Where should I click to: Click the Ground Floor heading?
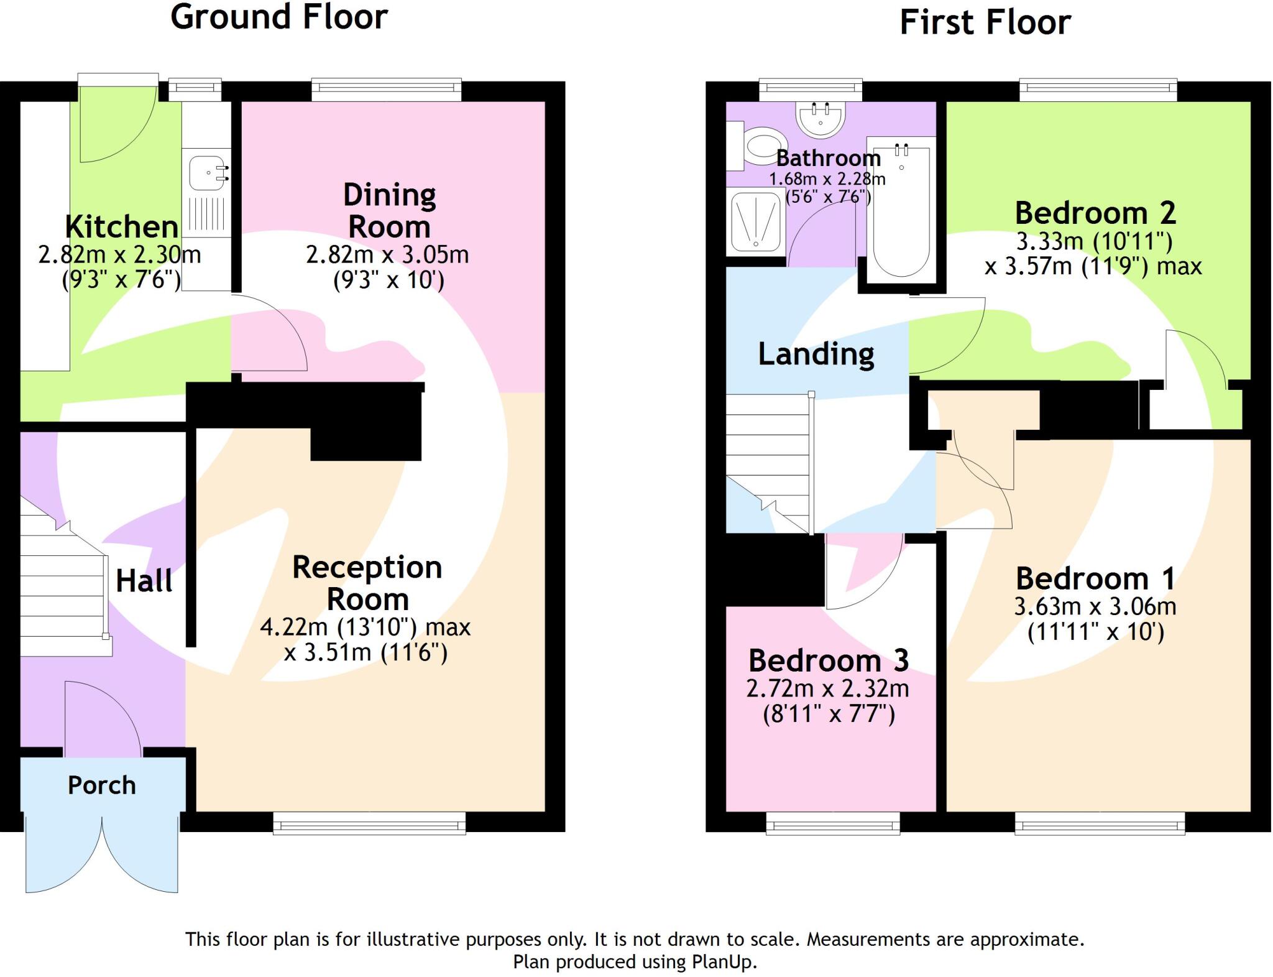tap(279, 17)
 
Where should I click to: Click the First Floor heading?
tap(985, 22)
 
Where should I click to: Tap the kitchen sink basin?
tap(207, 172)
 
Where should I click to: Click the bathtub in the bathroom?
tap(901, 211)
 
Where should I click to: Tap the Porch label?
tap(101, 785)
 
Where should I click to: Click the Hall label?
tap(144, 581)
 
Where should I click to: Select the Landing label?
tap(816, 354)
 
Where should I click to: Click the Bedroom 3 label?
tap(828, 660)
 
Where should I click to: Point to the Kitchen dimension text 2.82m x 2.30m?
tap(119, 254)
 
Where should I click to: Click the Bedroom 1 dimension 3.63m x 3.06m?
tap(1095, 606)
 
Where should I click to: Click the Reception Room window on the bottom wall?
tap(369, 825)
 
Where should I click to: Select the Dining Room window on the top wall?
tap(386, 89)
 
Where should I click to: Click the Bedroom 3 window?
tap(832, 824)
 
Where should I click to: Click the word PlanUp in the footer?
tap(723, 962)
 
